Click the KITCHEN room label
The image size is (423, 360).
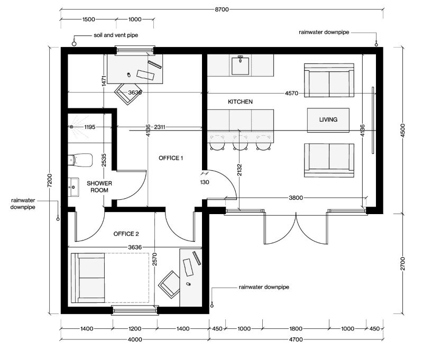(x=240, y=101)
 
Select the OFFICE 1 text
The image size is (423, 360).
(x=171, y=158)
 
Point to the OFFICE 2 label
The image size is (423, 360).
(x=126, y=234)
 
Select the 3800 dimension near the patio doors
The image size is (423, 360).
(x=296, y=198)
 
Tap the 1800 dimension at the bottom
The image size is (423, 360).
(x=296, y=329)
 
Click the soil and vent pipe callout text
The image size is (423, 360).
(x=112, y=35)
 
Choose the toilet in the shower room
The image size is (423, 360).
(x=81, y=159)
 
